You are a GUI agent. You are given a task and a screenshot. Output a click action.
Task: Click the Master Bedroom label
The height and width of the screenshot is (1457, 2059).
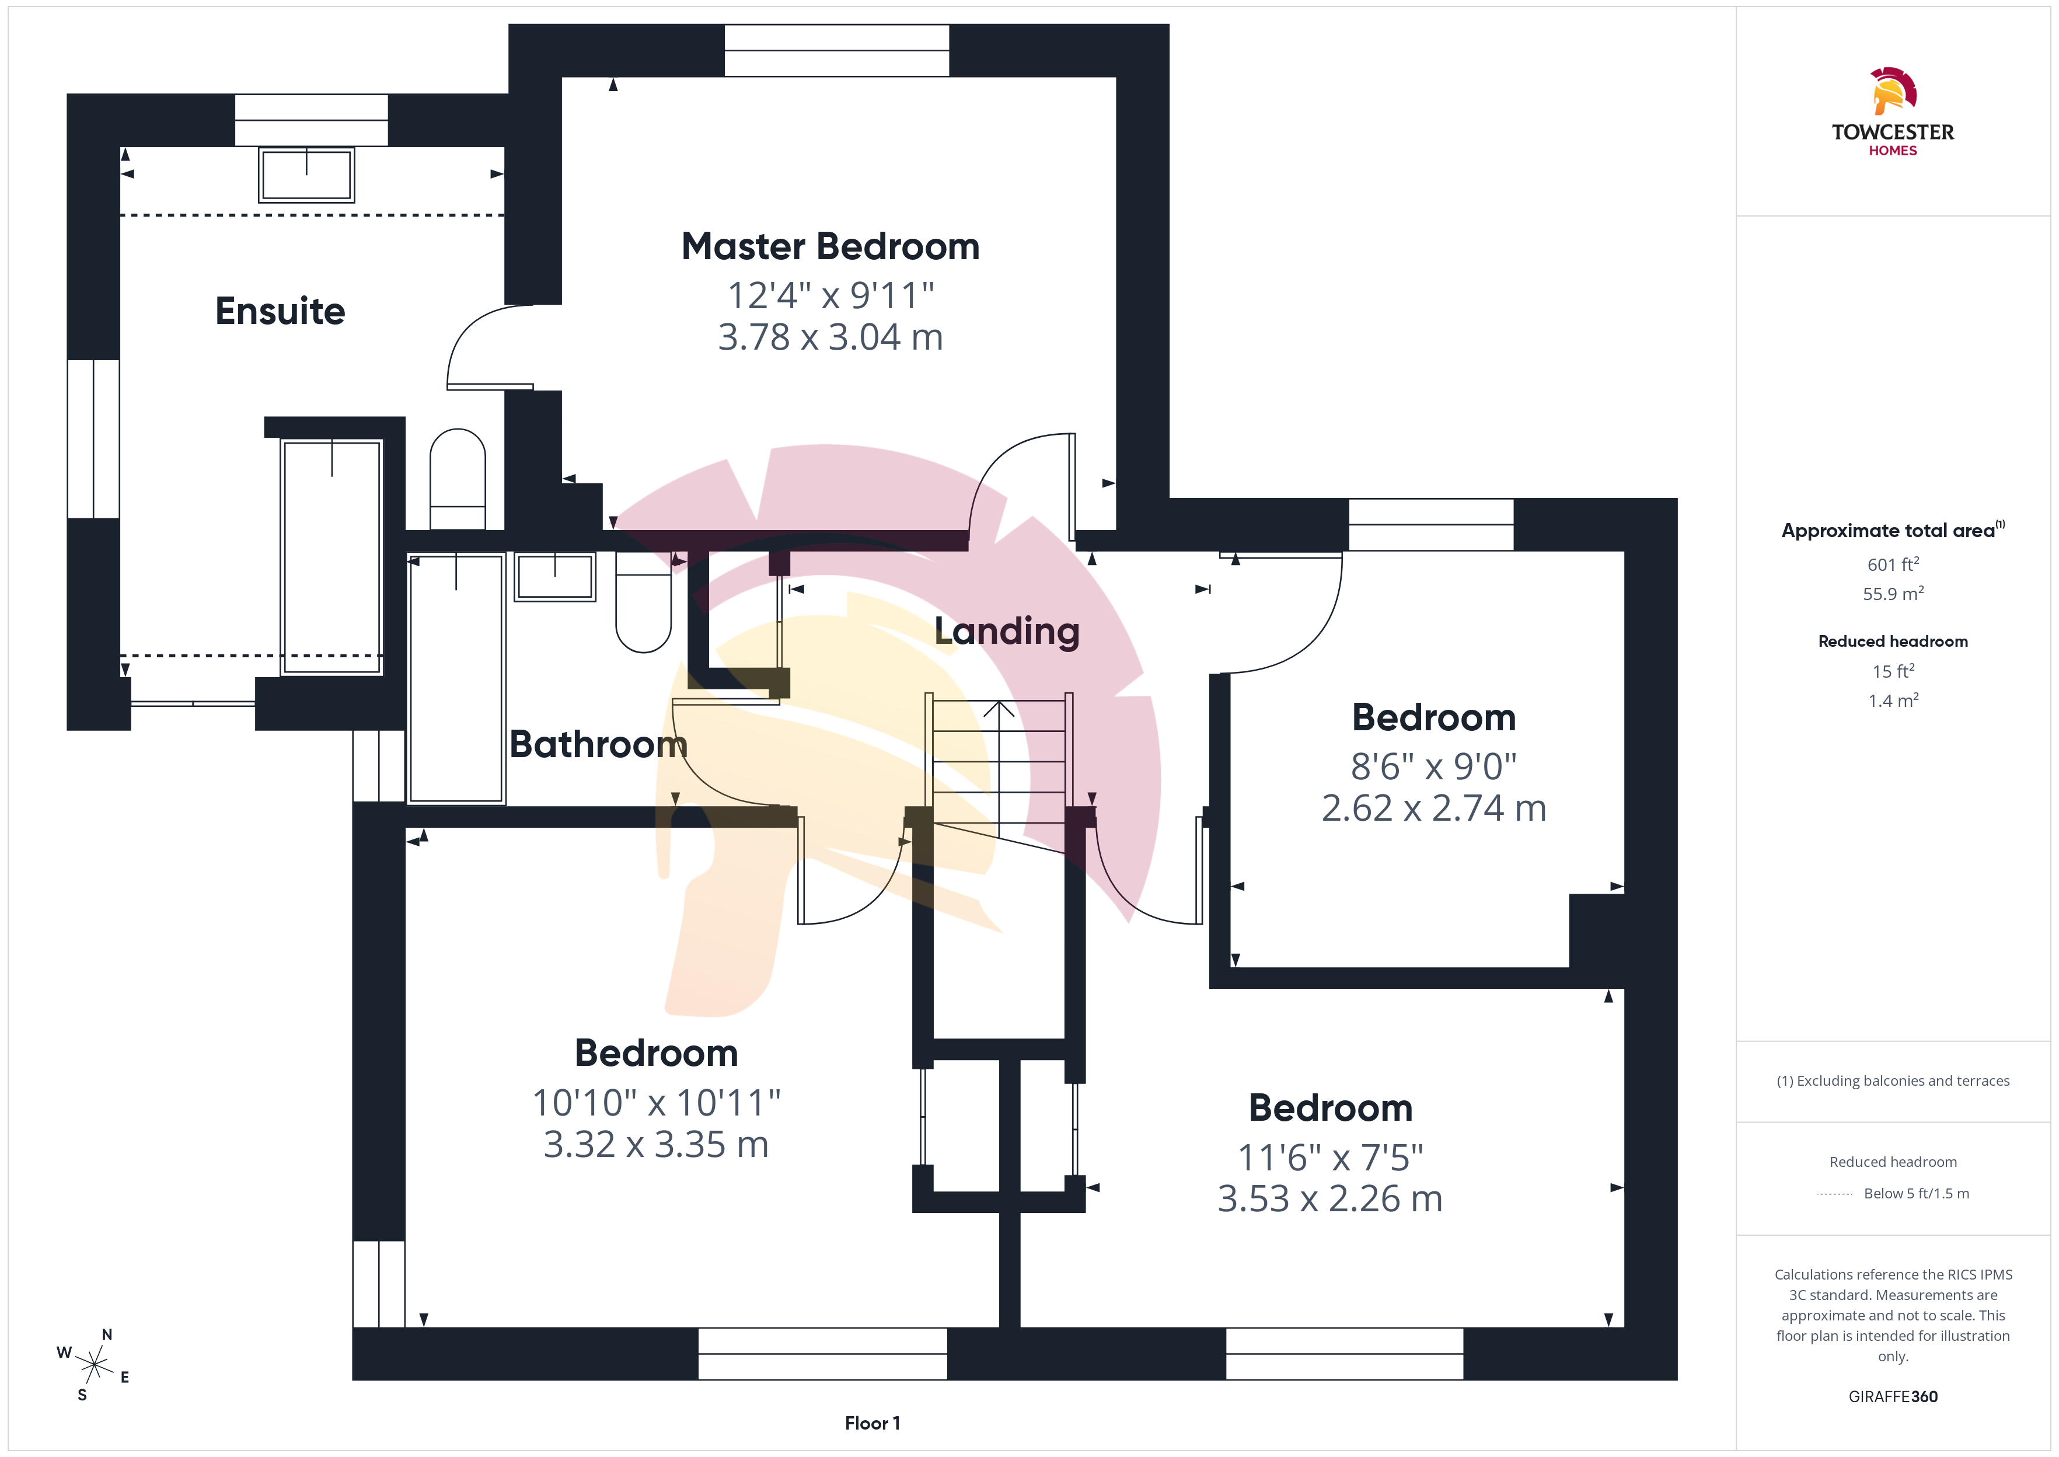[830, 247]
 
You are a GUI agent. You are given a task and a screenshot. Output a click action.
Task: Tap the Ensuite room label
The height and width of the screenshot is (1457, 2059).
[280, 311]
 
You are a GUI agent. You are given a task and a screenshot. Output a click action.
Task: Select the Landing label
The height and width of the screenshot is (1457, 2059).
[1007, 632]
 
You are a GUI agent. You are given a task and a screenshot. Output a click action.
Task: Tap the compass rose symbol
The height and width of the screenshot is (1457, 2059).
[93, 1365]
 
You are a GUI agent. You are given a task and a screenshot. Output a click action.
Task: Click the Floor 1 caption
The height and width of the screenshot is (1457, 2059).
[872, 1423]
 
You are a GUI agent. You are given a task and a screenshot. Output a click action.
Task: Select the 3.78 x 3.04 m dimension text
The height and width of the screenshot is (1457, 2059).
[830, 337]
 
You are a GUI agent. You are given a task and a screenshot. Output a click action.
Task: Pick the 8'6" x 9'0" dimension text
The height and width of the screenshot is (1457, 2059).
[1434, 766]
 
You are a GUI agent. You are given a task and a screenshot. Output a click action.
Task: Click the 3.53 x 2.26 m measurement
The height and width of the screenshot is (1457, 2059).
[1330, 1198]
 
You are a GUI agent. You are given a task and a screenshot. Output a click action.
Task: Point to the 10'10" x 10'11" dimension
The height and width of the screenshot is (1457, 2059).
[657, 1103]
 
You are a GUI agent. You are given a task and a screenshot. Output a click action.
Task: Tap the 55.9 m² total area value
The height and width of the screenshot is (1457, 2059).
[1893, 593]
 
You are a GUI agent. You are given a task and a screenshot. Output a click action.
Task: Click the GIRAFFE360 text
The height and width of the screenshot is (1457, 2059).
[1893, 1397]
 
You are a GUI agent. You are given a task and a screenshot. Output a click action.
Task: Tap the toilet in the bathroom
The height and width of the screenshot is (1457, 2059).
[643, 602]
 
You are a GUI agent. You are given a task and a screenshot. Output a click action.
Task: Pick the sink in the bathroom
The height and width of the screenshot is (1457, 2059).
[555, 576]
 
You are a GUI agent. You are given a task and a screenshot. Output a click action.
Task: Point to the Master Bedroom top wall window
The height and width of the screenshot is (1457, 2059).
[837, 50]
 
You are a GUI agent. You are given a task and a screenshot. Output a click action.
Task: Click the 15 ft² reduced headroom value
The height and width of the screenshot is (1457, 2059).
[1893, 671]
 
